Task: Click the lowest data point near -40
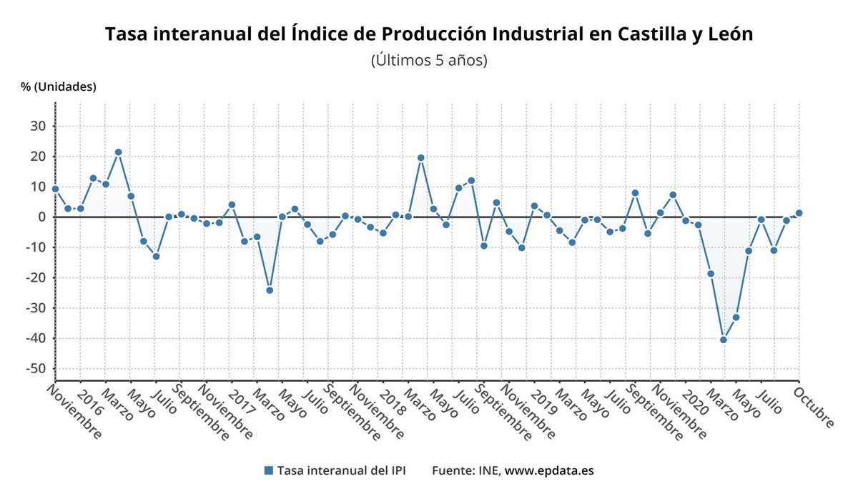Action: (724, 340)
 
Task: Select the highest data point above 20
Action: (118, 152)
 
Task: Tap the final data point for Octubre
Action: (799, 213)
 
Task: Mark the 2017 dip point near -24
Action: (270, 290)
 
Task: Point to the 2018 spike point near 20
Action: (420, 158)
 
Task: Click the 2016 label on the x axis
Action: (89, 403)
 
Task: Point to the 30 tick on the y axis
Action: (37, 127)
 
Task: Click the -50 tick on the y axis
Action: (34, 369)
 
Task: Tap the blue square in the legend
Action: (269, 470)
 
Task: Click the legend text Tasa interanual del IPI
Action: (342, 470)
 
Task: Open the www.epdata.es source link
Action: (549, 470)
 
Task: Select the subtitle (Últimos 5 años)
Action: (429, 60)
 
